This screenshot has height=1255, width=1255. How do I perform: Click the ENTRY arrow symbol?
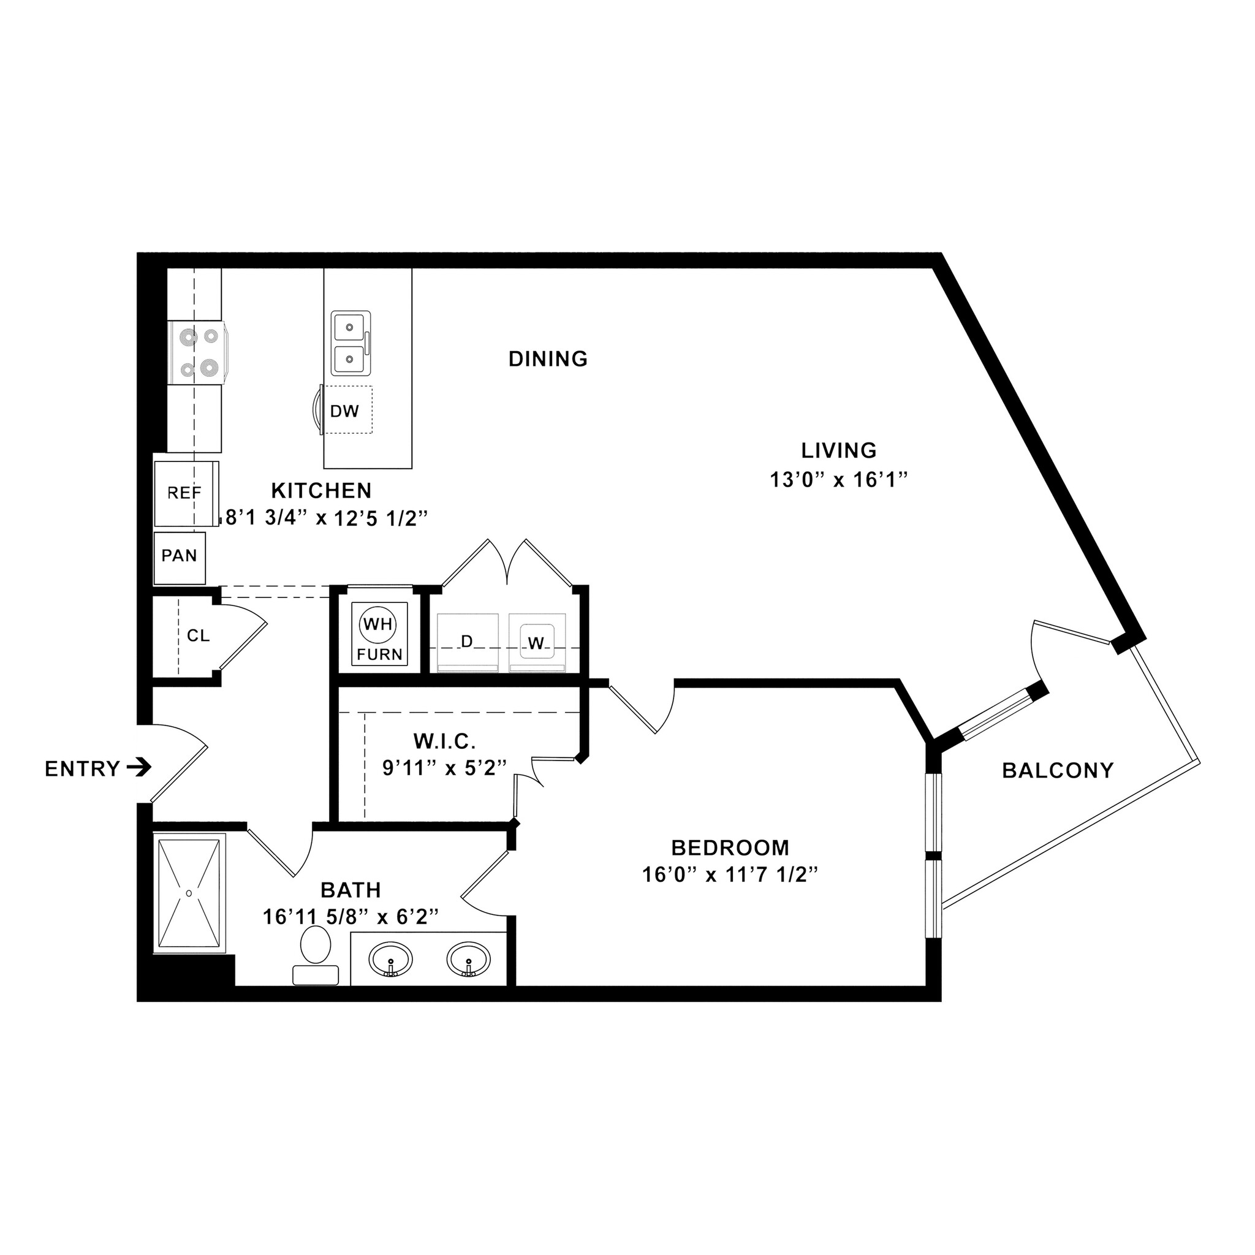[138, 768]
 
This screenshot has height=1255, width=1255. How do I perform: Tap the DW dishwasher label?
[344, 411]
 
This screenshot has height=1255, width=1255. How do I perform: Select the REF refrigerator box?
[185, 494]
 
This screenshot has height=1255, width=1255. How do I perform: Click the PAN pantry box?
[180, 556]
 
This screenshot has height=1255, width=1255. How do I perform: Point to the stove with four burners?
[197, 353]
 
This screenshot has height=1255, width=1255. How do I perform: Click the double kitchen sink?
[351, 343]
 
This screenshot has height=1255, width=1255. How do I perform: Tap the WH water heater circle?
[378, 624]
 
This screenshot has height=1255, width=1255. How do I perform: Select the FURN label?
[380, 654]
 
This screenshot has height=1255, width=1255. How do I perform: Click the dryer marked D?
[467, 642]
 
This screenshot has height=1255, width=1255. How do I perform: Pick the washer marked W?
[537, 643]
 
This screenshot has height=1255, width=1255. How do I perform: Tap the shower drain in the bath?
[189, 893]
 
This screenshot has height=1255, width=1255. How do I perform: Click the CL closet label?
[198, 635]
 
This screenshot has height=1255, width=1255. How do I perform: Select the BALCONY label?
[1058, 770]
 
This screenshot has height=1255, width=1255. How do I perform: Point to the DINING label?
[548, 358]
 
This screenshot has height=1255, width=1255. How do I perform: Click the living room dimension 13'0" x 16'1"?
[838, 480]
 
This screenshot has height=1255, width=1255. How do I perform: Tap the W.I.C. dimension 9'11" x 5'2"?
[444, 768]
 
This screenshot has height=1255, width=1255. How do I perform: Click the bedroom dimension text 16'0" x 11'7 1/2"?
[729, 876]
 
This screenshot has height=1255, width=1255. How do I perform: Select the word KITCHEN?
[322, 490]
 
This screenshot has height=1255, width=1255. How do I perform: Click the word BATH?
[351, 889]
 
